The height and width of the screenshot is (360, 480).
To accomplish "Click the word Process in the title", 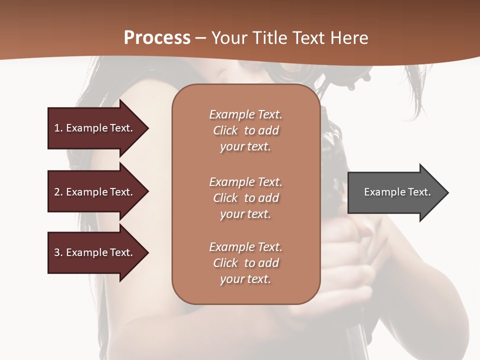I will (157, 38).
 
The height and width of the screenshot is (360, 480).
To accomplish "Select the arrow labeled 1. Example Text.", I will (95, 128).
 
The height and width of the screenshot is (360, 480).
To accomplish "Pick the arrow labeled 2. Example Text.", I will (95, 192).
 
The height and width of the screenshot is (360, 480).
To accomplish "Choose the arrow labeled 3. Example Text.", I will (95, 252).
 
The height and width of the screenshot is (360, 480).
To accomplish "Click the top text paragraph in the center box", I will (245, 130).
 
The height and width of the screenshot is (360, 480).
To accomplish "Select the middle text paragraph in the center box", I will (245, 198).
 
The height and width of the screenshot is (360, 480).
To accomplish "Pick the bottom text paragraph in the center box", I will (245, 263).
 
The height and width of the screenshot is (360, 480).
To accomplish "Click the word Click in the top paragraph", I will (225, 130).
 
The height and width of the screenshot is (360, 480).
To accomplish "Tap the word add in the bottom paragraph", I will (268, 263).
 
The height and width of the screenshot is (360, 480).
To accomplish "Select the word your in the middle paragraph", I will (231, 214).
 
